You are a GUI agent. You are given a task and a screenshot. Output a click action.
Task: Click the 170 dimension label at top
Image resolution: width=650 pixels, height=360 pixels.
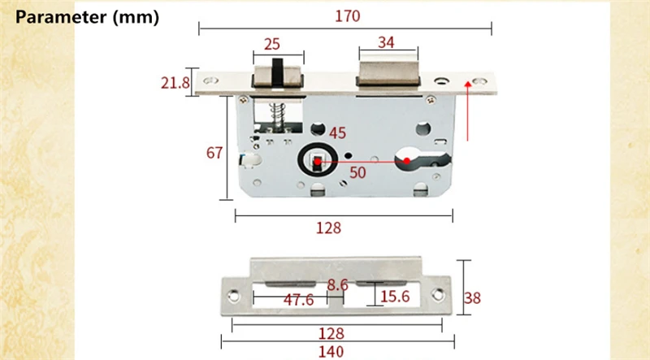point(348,16)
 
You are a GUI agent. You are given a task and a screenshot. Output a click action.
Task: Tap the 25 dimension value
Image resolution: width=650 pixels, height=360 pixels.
point(272,44)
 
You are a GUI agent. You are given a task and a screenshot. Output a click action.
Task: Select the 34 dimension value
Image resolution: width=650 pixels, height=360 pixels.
point(386,42)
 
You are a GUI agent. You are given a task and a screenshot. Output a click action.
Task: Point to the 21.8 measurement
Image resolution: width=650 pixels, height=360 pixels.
point(175,83)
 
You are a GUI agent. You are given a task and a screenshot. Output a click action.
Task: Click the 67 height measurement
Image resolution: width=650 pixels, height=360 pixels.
point(214,153)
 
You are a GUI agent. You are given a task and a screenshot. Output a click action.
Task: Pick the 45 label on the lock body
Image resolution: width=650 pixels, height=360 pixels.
point(337,133)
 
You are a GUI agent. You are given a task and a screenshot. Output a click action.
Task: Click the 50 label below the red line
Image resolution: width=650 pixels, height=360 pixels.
point(357,172)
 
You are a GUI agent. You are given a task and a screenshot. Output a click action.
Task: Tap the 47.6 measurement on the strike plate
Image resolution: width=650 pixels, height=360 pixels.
point(298,299)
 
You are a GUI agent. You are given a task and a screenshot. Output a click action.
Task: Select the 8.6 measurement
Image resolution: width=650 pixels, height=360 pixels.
point(337,285)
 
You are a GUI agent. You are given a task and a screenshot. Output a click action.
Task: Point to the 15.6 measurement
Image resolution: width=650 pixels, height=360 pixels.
point(395,297)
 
